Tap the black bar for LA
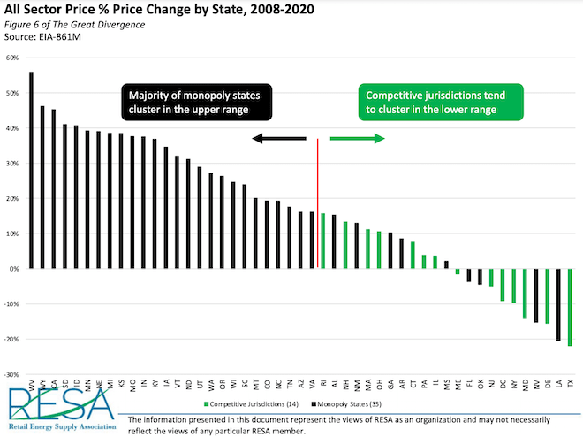[x=559, y=304]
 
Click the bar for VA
[x=312, y=240]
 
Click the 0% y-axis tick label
[x=13, y=269]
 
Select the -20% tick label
[x=11, y=339]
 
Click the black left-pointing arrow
[x=277, y=138]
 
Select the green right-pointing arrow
[x=358, y=138]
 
